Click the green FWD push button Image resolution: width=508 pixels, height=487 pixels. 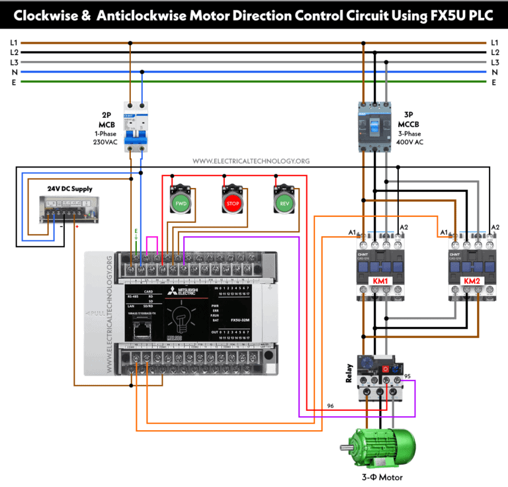(181, 202)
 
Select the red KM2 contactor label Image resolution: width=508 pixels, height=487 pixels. (472, 281)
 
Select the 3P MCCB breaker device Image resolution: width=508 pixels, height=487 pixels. (376, 126)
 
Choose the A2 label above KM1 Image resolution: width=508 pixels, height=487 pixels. (402, 228)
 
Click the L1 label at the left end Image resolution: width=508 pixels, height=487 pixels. (14, 42)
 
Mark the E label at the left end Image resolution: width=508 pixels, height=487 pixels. (14, 82)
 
